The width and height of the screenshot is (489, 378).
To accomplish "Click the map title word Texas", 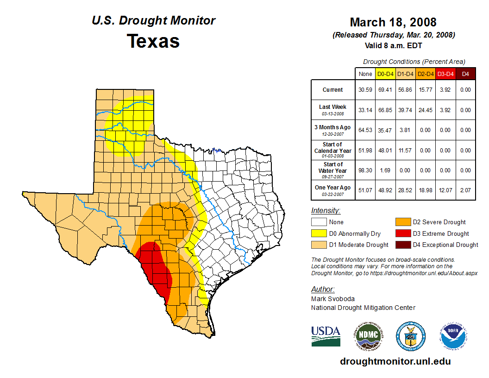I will pyautogui.click(x=153, y=41).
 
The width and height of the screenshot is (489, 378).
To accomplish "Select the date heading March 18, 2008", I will pyautogui.click(x=393, y=22).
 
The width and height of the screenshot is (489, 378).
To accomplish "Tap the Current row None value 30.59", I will pyautogui.click(x=365, y=90).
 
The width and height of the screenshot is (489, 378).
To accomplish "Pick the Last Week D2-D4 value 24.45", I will pyautogui.click(x=425, y=110).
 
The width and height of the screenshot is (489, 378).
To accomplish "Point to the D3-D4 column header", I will pyautogui.click(x=445, y=74).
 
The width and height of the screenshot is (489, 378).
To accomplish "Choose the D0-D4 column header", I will pyautogui.click(x=385, y=74).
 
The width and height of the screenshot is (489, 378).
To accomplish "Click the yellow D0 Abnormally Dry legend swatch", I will pyautogui.click(x=319, y=233).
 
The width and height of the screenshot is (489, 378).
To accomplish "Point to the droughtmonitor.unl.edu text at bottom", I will pyautogui.click(x=395, y=361).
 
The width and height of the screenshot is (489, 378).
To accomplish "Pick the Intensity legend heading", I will pyautogui.click(x=326, y=211).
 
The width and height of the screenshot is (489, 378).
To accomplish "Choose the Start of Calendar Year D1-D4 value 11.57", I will pyautogui.click(x=405, y=150).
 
